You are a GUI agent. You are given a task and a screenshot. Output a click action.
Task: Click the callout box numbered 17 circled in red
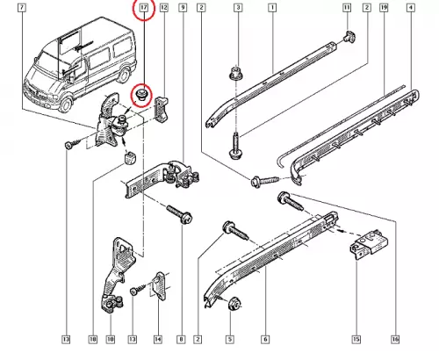pyautogui.click(x=144, y=7)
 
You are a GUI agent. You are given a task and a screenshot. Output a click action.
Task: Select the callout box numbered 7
pyautogui.click(x=22, y=7)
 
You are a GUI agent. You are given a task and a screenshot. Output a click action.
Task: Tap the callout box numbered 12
pyautogui.click(x=164, y=7)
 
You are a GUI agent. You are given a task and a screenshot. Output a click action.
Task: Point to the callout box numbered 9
pyautogui.click(x=183, y=7)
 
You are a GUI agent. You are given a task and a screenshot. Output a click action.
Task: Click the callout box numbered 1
pyautogui.click(x=272, y=7)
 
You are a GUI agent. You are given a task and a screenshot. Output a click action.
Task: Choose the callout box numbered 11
pyautogui.click(x=347, y=7)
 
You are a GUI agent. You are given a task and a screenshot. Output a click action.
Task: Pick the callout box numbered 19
pyautogui.click(x=384, y=7)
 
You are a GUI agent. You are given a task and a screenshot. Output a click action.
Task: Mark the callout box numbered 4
pyautogui.click(x=411, y=7)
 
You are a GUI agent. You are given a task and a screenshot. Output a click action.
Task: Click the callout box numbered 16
pyautogui.click(x=395, y=339)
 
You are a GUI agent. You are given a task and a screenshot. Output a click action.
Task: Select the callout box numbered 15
pyautogui.click(x=356, y=339)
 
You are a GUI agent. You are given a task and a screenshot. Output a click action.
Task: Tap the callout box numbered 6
pyautogui.click(x=265, y=339)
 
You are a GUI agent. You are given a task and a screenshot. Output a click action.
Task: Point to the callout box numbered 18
pyautogui.click(x=92, y=339)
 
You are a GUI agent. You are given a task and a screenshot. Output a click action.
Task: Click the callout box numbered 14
pyautogui.click(x=158, y=339)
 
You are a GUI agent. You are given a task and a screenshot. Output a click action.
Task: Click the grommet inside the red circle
pyautogui.click(x=143, y=94)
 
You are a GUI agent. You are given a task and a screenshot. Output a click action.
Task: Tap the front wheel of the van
pyautogui.click(x=65, y=104)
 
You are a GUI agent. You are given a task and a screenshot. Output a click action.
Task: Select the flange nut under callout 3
pyautogui.click(x=235, y=74)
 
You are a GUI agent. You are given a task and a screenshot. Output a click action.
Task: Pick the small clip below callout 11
pyautogui.click(x=349, y=36)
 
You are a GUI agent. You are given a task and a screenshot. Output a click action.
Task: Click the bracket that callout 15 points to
pyautogui.click(x=369, y=243)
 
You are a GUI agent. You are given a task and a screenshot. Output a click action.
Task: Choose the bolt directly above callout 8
pyautogui.click(x=180, y=214)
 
